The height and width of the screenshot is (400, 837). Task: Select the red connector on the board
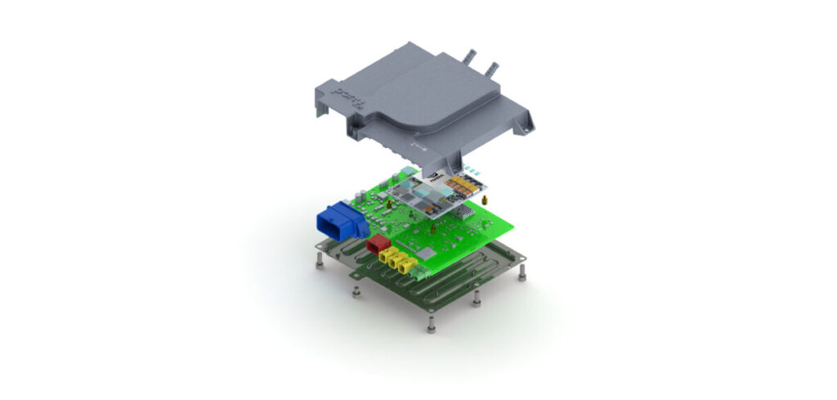click(377, 245)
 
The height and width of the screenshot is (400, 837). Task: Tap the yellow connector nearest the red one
click(387, 257)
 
